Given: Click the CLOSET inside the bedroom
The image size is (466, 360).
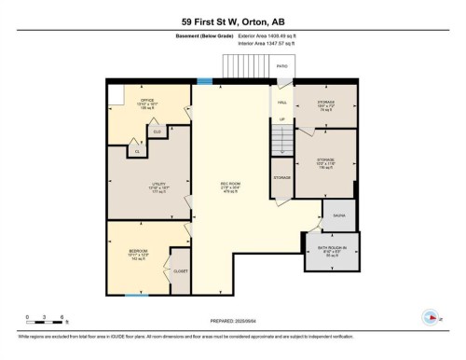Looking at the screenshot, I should coord(180,270).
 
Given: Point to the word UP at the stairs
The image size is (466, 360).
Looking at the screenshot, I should coord(282,119).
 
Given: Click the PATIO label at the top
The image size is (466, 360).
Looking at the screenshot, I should coord(281,67).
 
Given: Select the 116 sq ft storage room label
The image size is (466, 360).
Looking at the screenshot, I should coord(326,163).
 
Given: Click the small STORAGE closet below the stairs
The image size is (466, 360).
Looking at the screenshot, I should coord(281,176).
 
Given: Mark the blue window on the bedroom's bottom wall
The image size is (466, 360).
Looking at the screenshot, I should coord(137,296).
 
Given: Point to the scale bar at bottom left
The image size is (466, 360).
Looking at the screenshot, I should coord(45,323).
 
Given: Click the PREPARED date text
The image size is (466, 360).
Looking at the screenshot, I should coord(232,319).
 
